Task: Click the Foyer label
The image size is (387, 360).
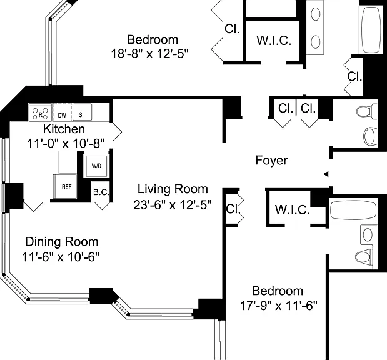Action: pyautogui.click(x=271, y=161)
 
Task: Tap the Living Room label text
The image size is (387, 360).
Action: pyautogui.click(x=173, y=189)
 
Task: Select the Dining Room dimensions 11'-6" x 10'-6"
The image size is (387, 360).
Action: pyautogui.click(x=61, y=257)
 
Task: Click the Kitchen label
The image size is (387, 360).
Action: pyautogui.click(x=64, y=129)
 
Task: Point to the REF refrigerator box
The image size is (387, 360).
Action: pyautogui.click(x=65, y=186)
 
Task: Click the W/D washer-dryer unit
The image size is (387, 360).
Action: pyautogui.click(x=96, y=166)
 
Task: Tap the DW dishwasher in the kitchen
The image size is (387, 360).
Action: pyautogui.click(x=62, y=112)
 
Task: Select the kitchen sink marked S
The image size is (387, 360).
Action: pyautogui.click(x=82, y=112)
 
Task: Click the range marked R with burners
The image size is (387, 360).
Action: pyautogui.click(x=40, y=112)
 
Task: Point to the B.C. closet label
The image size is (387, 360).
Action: pyautogui.click(x=101, y=192)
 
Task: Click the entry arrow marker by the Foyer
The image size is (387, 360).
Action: pyautogui.click(x=326, y=174)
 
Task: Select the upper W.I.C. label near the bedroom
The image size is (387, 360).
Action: pyautogui.click(x=274, y=40)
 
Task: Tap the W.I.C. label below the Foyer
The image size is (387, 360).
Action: pyautogui.click(x=293, y=210)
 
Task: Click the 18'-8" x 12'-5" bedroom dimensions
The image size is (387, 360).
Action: pyautogui.click(x=150, y=54)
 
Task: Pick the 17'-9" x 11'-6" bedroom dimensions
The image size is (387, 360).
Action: pyautogui.click(x=278, y=306)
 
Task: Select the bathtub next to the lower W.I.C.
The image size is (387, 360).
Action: pyautogui.click(x=353, y=210)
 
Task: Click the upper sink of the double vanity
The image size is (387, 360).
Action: pyautogui.click(x=316, y=14)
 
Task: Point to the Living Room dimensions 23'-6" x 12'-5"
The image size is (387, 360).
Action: pyautogui.click(x=173, y=205)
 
